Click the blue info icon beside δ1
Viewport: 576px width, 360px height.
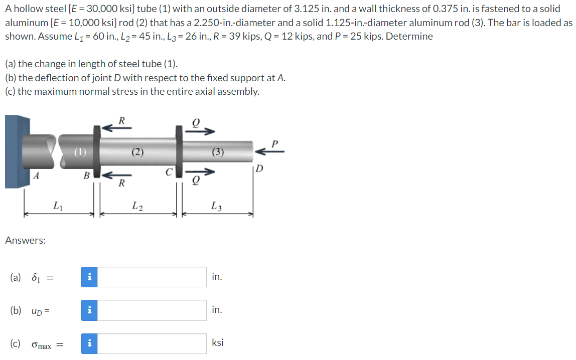point(89,277)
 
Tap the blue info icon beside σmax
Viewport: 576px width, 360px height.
point(89,343)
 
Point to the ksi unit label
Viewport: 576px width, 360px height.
point(218,343)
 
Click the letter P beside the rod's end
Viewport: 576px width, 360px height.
point(274,144)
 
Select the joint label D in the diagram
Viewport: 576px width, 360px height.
point(258,167)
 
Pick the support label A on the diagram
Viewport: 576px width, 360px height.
point(36,175)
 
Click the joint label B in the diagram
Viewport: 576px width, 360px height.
point(86,175)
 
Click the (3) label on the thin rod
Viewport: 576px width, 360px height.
point(217,152)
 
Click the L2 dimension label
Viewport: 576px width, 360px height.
point(137,205)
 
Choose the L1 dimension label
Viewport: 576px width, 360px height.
point(58,205)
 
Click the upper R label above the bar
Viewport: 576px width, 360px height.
point(121,120)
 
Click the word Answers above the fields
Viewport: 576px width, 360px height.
point(25,240)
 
